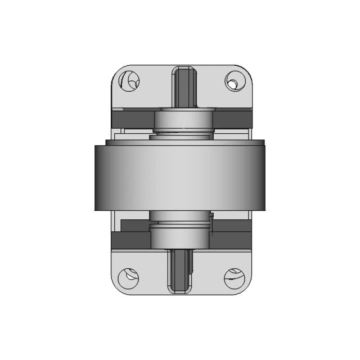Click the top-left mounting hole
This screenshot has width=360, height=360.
[x=131, y=81]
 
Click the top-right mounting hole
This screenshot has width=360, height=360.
[x=232, y=81]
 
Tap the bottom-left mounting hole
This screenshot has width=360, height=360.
[x=130, y=276]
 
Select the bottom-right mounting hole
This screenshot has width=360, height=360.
[x=233, y=276]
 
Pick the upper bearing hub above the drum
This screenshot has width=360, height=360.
[x=183, y=119]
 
